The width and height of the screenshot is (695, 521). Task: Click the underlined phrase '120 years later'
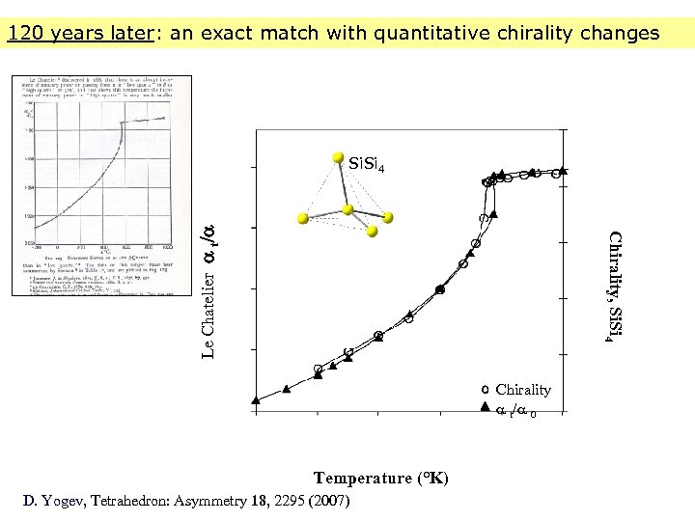click(x=78, y=34)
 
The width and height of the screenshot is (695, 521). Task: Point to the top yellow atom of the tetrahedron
click(x=338, y=156)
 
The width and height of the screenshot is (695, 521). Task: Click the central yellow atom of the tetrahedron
click(x=349, y=207)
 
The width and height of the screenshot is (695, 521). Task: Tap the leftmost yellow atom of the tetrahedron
click(x=303, y=219)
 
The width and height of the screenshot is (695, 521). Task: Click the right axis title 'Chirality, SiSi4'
click(x=612, y=288)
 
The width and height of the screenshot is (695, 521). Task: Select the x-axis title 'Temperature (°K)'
click(x=380, y=479)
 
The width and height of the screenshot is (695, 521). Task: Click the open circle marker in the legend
click(x=486, y=390)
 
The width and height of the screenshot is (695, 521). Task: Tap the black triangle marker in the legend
click(x=486, y=408)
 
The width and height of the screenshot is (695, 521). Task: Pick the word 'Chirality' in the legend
click(x=523, y=390)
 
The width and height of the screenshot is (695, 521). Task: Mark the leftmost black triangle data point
click(x=256, y=399)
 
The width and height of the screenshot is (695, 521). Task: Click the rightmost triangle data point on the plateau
click(x=563, y=171)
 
